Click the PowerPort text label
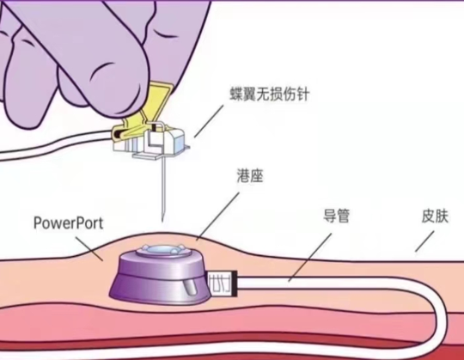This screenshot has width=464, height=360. tap(69, 223)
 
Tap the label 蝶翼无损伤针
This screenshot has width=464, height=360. tap(270, 95)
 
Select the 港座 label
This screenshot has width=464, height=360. tap(250, 176)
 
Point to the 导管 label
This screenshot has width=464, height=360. tap(337, 216)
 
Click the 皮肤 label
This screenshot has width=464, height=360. tap(435, 217)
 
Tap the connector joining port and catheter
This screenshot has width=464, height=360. tap(223, 283)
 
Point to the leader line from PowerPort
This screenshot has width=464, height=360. tap(89, 248)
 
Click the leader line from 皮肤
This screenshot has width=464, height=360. tap(423, 241)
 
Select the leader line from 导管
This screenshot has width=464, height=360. tap(310, 257)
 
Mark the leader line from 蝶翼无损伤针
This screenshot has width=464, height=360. tap(209, 121)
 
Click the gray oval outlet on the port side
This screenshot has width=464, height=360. tap(190, 288)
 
